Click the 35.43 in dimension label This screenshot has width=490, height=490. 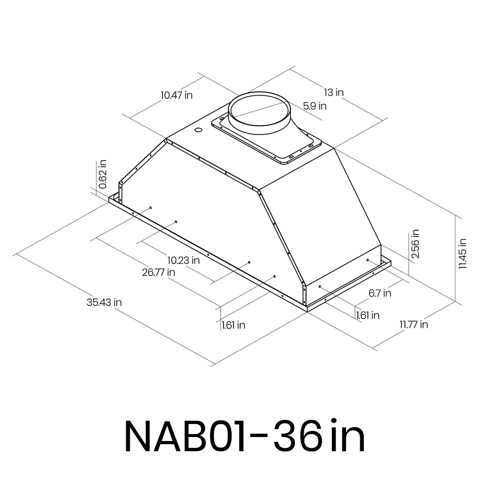pos(104,303)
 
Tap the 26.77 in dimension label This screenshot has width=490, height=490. pos(158,272)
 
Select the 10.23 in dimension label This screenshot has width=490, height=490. pos(184,261)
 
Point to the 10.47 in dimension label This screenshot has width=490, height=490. pos(176,96)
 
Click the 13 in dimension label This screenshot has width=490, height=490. pos(334,92)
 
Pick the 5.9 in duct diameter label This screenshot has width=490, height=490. pos(315,106)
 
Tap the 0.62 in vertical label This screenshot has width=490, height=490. pos(103,174)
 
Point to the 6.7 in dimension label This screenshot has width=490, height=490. pos(380,293)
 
